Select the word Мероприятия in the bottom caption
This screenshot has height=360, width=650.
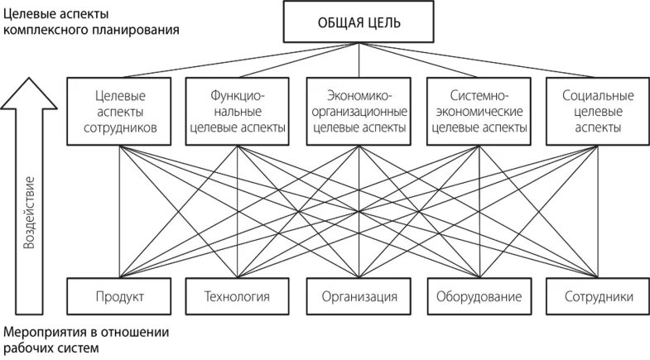[x=42, y=333]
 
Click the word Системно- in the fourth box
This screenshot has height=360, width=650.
[x=479, y=95]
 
